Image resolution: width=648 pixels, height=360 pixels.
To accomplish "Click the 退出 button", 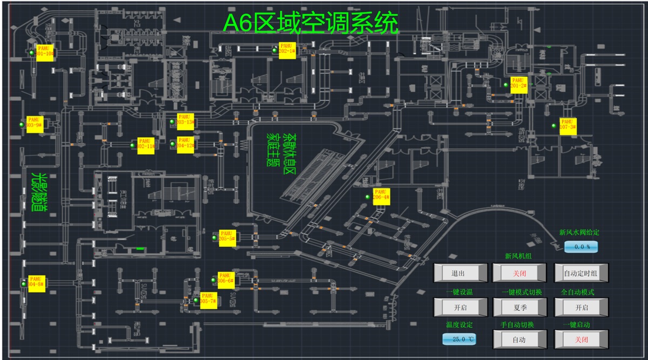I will [x=457, y=273].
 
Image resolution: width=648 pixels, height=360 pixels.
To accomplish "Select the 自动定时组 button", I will [x=581, y=273].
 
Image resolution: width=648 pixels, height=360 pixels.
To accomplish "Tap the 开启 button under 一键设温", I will [x=457, y=307].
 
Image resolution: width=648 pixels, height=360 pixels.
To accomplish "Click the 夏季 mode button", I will [x=519, y=307].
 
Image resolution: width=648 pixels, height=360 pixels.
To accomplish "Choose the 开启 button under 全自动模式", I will [x=581, y=307].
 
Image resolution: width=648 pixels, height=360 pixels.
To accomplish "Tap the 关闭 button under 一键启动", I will [x=581, y=339].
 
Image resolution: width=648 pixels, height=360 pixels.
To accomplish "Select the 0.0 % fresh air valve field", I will [x=581, y=247].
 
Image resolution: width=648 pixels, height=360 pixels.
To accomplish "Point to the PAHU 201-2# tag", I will [x=518, y=84].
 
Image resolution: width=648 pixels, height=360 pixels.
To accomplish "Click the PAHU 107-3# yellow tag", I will [x=568, y=126].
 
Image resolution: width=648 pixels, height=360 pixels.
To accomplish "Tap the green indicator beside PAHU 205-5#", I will [x=214, y=237].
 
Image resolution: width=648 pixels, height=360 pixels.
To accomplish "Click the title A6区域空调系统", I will [x=312, y=24].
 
